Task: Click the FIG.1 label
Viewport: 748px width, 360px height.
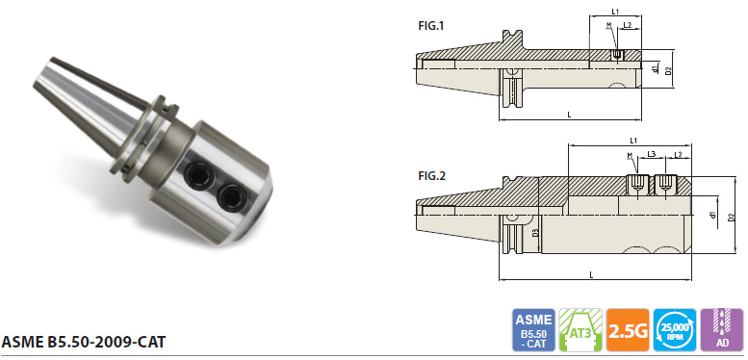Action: (430, 26)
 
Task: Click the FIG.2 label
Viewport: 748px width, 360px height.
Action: (431, 176)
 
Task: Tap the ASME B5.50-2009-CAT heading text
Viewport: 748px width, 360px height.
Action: (84, 342)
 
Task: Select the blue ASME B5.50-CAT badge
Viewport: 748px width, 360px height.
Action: (533, 330)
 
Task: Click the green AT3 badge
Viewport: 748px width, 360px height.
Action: (580, 330)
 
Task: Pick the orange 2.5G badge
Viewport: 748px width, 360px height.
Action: (628, 330)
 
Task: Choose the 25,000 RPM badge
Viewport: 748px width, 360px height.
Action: (675, 330)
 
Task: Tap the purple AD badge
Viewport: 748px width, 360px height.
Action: (722, 330)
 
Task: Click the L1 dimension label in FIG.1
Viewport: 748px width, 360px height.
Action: (615, 11)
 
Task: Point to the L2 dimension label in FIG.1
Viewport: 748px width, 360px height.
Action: (628, 25)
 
